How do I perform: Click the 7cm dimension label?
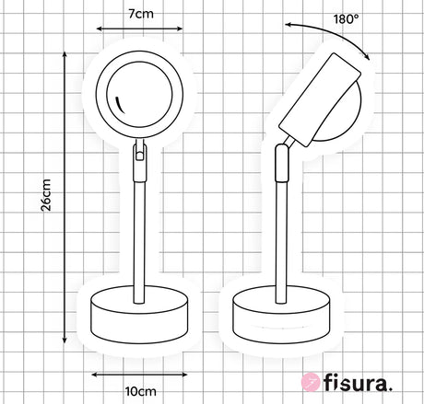tap(141, 14)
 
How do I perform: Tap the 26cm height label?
tap(46, 195)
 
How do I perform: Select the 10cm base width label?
tap(141, 391)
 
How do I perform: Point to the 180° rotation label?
tap(347, 19)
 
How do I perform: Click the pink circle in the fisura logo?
tap(311, 382)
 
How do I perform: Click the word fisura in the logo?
tap(358, 383)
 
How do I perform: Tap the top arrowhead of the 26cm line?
tap(65, 54)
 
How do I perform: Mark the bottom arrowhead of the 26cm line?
tap(65, 340)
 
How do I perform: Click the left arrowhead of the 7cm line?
tap(100, 29)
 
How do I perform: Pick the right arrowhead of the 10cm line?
tap(184, 375)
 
